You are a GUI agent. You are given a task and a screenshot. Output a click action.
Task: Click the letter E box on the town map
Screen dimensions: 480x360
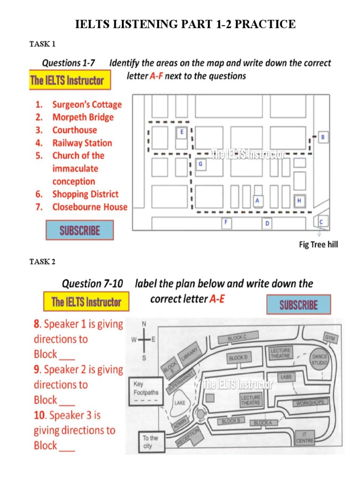point(182,133)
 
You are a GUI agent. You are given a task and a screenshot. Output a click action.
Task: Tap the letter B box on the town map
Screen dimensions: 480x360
point(322,137)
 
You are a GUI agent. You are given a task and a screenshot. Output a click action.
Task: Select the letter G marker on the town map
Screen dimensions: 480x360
point(200,164)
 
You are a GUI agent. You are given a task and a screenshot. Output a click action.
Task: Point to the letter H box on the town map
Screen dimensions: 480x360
point(299,201)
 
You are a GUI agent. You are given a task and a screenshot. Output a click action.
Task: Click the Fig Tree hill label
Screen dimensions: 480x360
point(318,244)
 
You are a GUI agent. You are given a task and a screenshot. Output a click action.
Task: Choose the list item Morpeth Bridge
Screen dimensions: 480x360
point(83,117)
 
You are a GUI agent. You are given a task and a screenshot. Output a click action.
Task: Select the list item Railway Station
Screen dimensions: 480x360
point(82,143)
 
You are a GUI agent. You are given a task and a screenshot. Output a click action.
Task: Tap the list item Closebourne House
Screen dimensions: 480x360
point(90,207)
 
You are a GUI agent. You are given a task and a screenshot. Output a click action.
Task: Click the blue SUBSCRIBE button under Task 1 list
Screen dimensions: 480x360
point(80,230)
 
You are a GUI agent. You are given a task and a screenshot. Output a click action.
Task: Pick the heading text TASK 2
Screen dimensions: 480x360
point(43,262)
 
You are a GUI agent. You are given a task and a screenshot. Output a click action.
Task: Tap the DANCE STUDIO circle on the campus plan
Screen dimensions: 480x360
point(320,360)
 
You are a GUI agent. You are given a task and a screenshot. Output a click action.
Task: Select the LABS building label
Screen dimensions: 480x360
point(286,377)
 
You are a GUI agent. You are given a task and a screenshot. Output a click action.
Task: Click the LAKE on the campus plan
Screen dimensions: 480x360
point(180,403)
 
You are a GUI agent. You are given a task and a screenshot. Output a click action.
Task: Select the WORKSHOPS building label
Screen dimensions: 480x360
point(309,403)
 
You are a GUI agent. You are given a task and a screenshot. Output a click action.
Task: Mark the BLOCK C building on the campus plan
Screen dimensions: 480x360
point(237,337)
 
